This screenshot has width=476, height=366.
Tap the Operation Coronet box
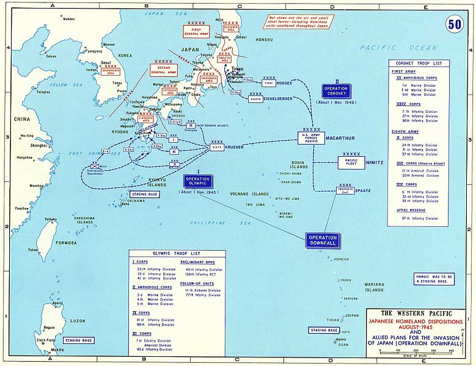point(337,91)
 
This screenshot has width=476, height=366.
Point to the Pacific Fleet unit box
point(351,163)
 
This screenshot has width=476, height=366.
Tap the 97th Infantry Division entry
point(423,218)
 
